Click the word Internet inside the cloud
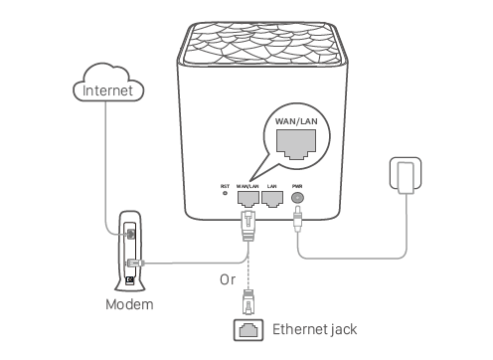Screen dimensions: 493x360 107,90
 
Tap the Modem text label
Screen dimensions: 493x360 129,304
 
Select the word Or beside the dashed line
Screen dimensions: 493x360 228,279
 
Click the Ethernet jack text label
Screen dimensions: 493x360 314,329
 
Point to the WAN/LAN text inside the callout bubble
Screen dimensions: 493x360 296,121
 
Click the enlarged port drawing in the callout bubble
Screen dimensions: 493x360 296,144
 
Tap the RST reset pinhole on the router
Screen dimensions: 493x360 225,193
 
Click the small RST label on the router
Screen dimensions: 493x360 225,186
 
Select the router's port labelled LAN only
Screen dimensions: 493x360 272,199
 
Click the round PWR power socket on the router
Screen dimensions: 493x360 297,198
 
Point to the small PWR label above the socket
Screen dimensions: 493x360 297,186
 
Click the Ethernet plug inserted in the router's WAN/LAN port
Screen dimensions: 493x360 247,226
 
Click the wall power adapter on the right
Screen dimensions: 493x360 406,176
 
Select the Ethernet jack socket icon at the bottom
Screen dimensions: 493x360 248,330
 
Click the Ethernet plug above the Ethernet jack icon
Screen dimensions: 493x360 248,302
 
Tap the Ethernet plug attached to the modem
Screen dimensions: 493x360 135,263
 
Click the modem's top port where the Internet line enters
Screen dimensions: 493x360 131,234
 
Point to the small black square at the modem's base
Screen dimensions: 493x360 130,280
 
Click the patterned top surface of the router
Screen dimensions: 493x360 261,43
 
